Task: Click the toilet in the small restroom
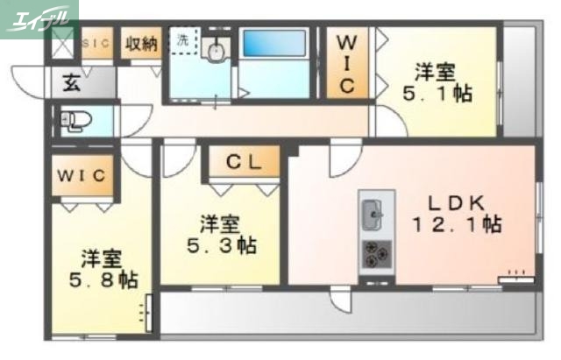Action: pyautogui.click(x=74, y=121)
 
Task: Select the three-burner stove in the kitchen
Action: pyautogui.click(x=378, y=254)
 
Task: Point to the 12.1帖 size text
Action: pyautogui.click(x=457, y=224)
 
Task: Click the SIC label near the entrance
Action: pyautogui.click(x=96, y=42)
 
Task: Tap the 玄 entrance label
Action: pyautogui.click(x=71, y=84)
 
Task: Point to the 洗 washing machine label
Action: pyautogui.click(x=182, y=39)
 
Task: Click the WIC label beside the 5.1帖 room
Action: pyautogui.click(x=347, y=63)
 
